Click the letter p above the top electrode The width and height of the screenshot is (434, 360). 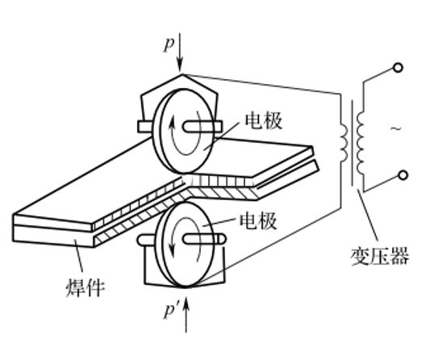169,44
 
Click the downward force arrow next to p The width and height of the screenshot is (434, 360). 180,53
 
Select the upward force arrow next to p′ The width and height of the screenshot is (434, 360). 186,314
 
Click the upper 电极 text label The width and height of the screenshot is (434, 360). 263,120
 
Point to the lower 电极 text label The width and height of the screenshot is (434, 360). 258,220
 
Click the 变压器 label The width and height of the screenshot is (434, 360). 379,256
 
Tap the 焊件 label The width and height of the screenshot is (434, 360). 86,287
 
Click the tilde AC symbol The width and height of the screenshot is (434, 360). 396,128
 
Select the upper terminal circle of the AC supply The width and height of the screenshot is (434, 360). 398,68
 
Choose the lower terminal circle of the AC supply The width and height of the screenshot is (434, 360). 403,175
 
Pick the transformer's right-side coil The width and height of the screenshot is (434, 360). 361,143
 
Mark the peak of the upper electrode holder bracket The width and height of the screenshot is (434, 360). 182,74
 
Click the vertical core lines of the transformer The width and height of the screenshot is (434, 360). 353,143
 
